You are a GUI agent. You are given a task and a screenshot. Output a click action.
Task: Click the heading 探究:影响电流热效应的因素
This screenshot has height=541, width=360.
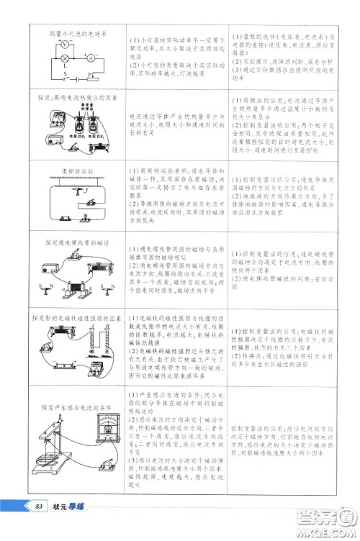69,96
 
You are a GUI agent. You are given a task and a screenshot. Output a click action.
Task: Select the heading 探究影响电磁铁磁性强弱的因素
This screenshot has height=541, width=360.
71,317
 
